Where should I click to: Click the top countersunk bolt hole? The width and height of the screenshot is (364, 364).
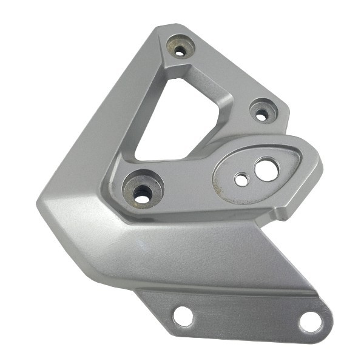click(180, 49)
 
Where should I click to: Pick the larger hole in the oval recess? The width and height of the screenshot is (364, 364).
click(266, 170)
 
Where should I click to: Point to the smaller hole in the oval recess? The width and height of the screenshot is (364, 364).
click(241, 180)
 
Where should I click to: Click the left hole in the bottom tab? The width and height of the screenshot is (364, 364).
click(183, 315)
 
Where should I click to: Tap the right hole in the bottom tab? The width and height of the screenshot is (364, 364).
click(311, 322)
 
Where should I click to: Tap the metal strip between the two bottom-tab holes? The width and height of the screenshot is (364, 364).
click(246, 318)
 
